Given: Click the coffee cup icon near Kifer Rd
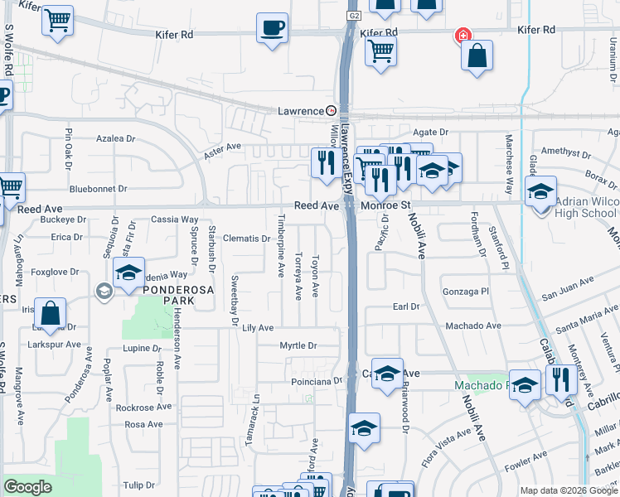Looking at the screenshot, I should (x=272, y=28).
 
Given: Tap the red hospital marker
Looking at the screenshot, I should (x=463, y=36).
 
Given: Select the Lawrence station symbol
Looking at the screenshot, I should (x=332, y=110).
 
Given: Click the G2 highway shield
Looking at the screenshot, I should (x=355, y=15).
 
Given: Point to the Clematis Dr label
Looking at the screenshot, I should (x=247, y=239).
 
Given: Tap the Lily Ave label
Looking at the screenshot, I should (x=258, y=328).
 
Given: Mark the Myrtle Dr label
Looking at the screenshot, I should (x=298, y=345).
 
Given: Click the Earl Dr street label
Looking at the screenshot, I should (x=406, y=306).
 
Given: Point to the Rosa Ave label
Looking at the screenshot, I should (x=143, y=424).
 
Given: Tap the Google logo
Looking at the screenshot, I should (x=27, y=487).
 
